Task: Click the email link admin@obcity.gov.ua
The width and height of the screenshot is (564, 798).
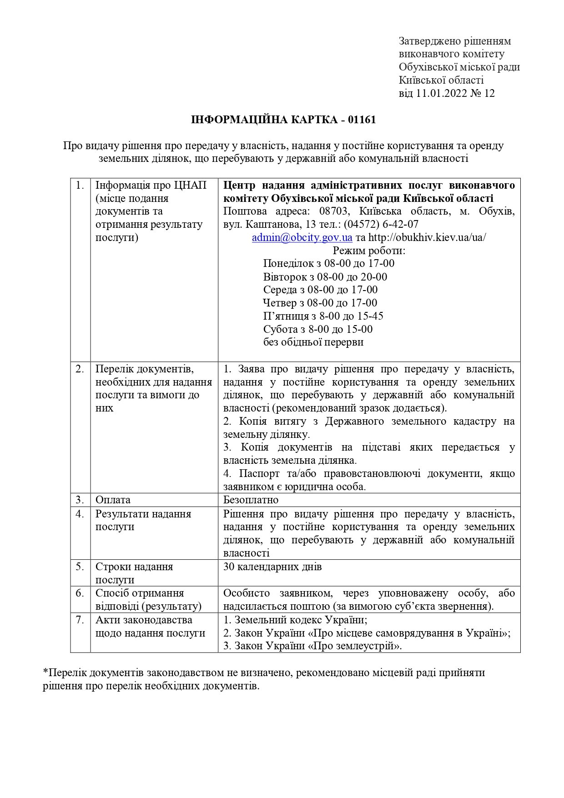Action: (x=302, y=237)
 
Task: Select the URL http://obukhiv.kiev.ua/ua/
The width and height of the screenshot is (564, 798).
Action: (x=427, y=237)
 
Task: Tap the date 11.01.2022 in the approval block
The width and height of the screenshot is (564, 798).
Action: (x=440, y=94)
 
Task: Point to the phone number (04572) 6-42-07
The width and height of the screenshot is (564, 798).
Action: (x=381, y=224)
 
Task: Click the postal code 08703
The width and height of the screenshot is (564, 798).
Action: (x=332, y=211)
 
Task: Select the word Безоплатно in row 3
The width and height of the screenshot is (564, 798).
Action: (x=251, y=500)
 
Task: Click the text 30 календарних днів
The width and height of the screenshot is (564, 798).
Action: (x=272, y=567)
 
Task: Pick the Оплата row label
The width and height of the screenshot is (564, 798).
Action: (x=113, y=500)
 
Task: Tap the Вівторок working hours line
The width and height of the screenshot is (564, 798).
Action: (x=325, y=277)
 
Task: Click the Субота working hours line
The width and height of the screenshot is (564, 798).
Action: (x=317, y=329)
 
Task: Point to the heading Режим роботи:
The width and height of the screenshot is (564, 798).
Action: (x=369, y=251)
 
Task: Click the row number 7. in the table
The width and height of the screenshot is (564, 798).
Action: (x=80, y=620)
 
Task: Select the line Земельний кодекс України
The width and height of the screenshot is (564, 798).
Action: (x=295, y=620)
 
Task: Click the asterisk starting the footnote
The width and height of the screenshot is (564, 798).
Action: (x=45, y=673)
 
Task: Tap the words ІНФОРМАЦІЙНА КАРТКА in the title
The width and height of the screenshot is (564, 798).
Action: (x=266, y=120)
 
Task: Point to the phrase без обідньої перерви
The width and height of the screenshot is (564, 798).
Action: (x=313, y=342)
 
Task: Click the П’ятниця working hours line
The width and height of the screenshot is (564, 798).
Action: (x=323, y=316)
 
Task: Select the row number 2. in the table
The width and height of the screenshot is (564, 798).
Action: (x=80, y=369)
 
